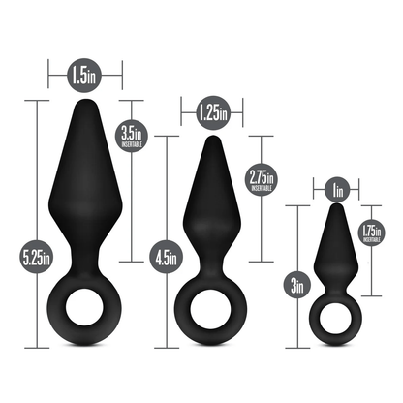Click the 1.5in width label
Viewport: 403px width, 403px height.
point(85,73)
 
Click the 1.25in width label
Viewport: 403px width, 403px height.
point(210,113)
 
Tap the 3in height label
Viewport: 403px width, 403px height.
point(298,285)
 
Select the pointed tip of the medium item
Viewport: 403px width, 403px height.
point(210,139)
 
